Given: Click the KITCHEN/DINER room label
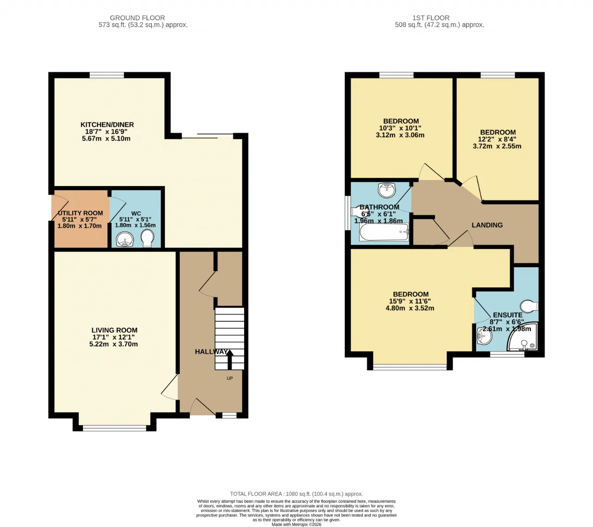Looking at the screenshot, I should pyautogui.click(x=107, y=125).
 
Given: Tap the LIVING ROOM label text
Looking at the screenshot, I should pyautogui.click(x=114, y=330).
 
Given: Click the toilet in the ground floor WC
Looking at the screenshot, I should pyautogui.click(x=147, y=239).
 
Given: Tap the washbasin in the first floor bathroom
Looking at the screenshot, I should pyautogui.click(x=386, y=190).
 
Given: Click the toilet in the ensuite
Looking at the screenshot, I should pyautogui.click(x=529, y=306).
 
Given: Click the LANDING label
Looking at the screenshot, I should pyautogui.click(x=487, y=225).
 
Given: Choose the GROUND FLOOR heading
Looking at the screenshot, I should pyautogui.click(x=137, y=18).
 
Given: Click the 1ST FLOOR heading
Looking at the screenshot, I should pyautogui.click(x=431, y=18).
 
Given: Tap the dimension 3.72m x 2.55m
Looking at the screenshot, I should pyautogui.click(x=497, y=146).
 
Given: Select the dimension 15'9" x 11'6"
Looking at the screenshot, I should pyautogui.click(x=410, y=301).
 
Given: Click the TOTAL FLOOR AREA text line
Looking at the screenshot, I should pyautogui.click(x=296, y=494).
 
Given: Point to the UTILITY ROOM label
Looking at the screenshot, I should pyautogui.click(x=80, y=213).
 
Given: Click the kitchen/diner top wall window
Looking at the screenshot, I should pyautogui.click(x=107, y=75).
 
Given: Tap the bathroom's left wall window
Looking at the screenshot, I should pyautogui.click(x=347, y=213).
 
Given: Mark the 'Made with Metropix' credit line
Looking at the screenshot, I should pyautogui.click(x=296, y=524).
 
